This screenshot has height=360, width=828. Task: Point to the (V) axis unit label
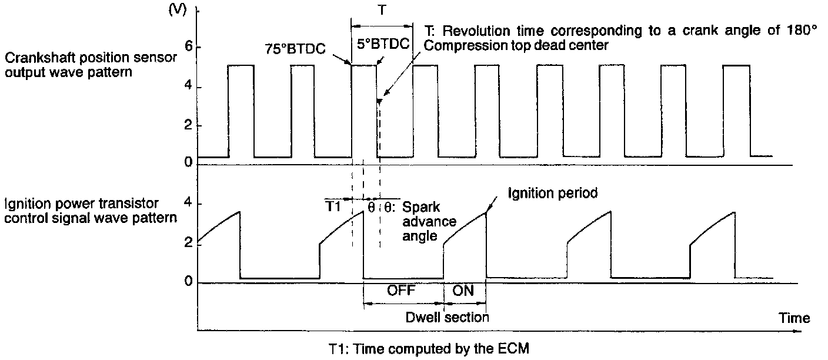tap(178, 11)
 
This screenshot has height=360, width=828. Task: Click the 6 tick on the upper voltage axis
tap(188, 47)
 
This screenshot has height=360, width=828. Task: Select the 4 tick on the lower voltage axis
tap(188, 204)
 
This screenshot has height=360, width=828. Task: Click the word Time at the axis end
tap(794, 318)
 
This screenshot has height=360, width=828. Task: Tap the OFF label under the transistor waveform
tap(402, 291)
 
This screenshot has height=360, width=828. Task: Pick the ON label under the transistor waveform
tap(465, 291)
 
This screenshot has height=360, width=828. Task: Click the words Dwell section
tap(447, 318)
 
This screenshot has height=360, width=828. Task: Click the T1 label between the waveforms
tap(334, 207)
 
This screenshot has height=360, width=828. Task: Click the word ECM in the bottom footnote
tap(516, 348)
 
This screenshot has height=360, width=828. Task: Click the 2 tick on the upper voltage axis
tap(188, 126)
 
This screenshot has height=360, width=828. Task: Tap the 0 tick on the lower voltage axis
tap(188, 282)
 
